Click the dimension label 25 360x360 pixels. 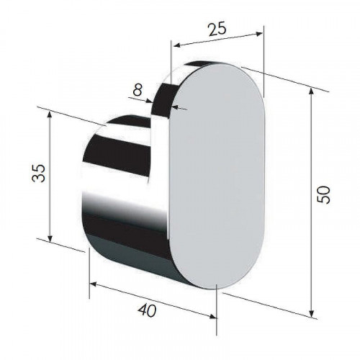[x=217, y=30]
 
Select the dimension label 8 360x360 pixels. [x=138, y=90]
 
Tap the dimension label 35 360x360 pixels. [x=39, y=174]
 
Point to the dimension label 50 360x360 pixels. [x=323, y=194]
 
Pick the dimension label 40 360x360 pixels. [x=147, y=310]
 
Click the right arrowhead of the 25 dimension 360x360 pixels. [x=259, y=34]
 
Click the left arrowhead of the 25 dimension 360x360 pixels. [x=177, y=45]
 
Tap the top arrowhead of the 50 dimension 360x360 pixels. [x=311, y=92]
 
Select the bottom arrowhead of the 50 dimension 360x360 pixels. [x=311, y=313]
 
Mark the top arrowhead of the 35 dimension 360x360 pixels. [x=50, y=115]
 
